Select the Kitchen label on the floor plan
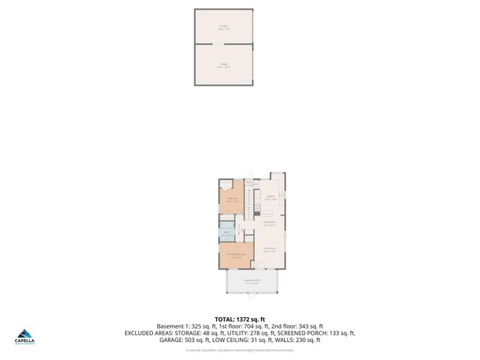(270, 198)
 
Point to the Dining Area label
(270, 222)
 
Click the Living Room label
(269, 249)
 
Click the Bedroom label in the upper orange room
(232, 199)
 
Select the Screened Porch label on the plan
(251, 282)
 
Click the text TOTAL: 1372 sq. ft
(239, 318)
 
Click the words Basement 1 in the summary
(172, 326)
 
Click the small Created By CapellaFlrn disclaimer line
(239, 349)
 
